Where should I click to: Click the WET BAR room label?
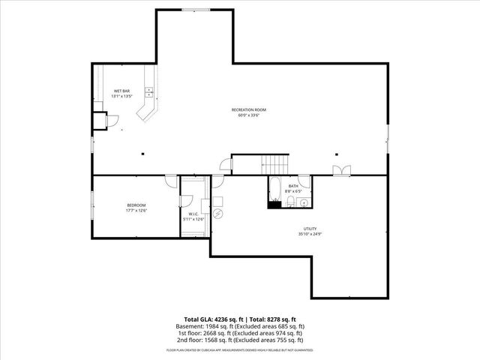pyautogui.click(x=121, y=91)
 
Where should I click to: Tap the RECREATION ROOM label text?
pyautogui.click(x=248, y=110)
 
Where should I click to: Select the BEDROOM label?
pyautogui.click(x=136, y=205)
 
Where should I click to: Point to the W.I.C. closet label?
pyautogui.click(x=193, y=215)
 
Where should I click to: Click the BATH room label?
pyautogui.click(x=293, y=186)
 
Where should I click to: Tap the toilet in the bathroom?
pyautogui.click(x=289, y=202)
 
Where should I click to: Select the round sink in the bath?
pyautogui.click(x=304, y=202)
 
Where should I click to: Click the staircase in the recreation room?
pyautogui.click(x=275, y=163)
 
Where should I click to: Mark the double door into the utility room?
pyautogui.click(x=341, y=170)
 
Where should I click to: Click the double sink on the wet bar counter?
pyautogui.click(x=149, y=92)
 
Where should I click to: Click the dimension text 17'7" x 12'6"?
pyautogui.click(x=136, y=210)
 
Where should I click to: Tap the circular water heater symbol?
pyautogui.click(x=217, y=213)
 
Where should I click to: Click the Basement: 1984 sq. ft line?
pyautogui.click(x=241, y=326)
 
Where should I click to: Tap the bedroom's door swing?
pyautogui.click(x=170, y=181)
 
